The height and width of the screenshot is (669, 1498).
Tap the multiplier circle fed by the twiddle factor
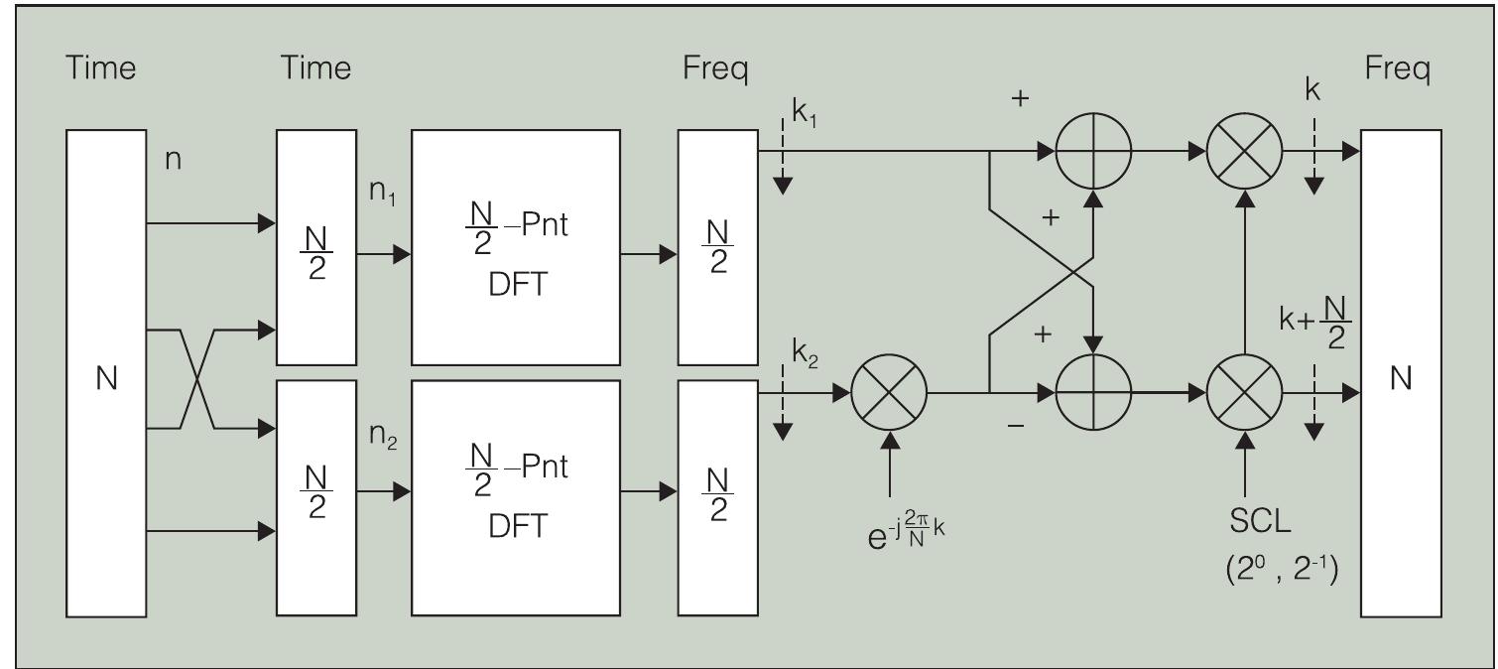click(889, 393)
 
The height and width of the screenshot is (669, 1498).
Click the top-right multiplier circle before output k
click(1244, 152)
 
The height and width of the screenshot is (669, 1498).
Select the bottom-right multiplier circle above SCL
click(1244, 393)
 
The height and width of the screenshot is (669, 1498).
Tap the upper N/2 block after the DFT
click(716, 246)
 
